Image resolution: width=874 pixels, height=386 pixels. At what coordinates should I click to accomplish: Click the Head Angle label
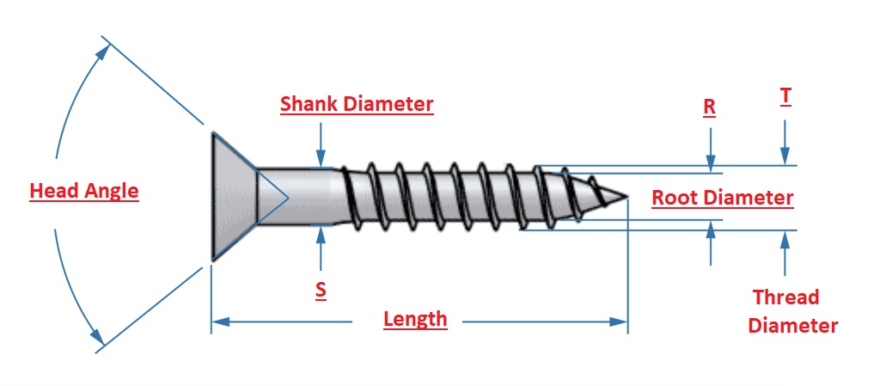point(83,191)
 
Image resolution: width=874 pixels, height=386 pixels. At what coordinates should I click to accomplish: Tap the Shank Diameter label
point(357,105)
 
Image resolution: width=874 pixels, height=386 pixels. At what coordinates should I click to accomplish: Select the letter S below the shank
point(321,291)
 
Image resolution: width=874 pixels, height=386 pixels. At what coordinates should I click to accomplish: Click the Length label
point(415,320)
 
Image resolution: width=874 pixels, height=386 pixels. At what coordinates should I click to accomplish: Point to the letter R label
point(709,107)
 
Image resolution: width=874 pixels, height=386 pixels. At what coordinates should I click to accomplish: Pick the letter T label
point(785,96)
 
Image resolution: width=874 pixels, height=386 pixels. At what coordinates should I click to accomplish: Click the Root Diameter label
point(722,198)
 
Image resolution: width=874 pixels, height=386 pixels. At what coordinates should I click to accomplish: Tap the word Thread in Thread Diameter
point(785,297)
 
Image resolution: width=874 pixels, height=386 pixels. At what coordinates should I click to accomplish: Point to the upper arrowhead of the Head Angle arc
point(103,52)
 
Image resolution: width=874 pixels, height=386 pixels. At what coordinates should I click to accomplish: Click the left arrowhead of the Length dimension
point(220,322)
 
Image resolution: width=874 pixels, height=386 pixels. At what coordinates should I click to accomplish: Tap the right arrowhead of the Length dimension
point(620,322)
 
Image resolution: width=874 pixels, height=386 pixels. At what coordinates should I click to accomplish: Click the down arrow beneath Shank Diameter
point(321,158)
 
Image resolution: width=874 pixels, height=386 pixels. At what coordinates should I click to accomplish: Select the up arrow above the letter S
point(321,234)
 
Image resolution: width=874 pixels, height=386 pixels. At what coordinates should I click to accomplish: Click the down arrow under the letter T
point(785,156)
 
